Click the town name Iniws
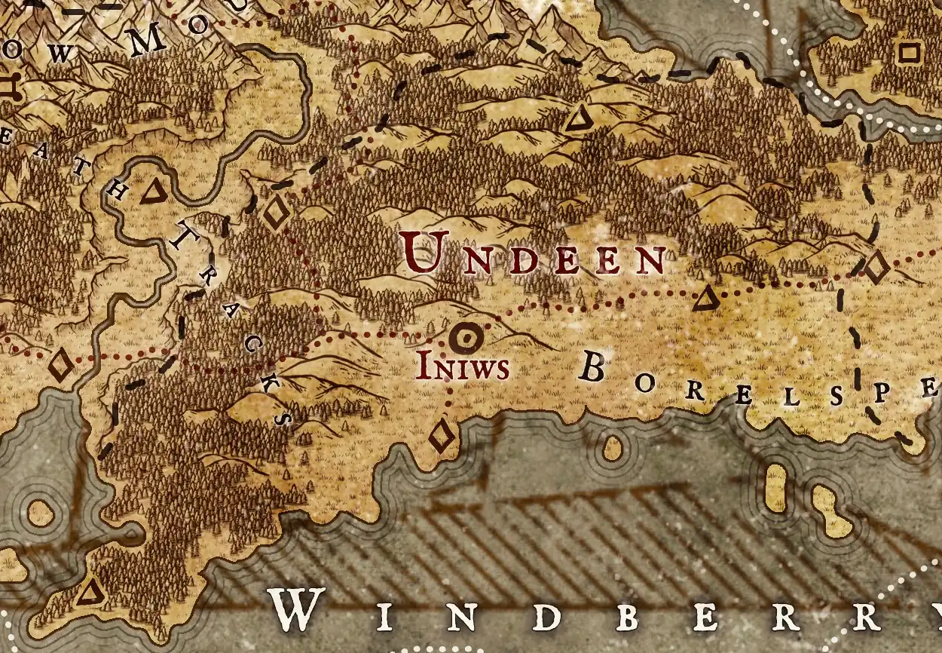coord(462,368)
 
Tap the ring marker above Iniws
coord(466,339)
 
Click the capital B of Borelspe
coord(592,369)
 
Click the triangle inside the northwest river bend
coord(154,193)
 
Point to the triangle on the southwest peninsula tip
coord(91,592)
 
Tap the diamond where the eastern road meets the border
coord(876,268)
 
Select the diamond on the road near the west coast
coord(61,366)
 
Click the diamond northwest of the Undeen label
coord(276,213)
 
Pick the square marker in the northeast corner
coord(910,53)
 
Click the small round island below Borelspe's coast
coord(613,449)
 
